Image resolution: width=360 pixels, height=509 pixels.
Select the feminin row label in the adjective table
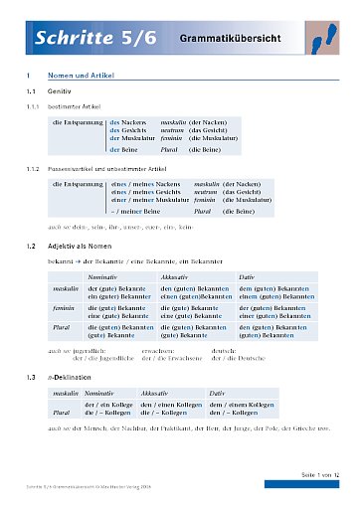coord(67,308)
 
